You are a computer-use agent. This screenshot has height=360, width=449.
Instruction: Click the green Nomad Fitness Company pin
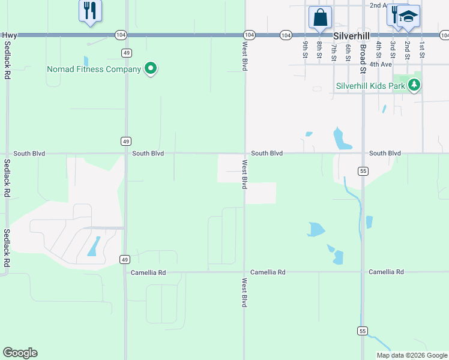[x=151, y=69]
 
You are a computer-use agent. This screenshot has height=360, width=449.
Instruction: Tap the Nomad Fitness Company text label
[x=94, y=69]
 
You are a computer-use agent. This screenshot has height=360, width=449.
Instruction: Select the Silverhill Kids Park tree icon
[x=414, y=85]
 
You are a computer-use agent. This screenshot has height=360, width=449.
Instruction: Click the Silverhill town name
[x=349, y=36]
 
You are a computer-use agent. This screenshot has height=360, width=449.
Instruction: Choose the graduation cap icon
[x=408, y=16]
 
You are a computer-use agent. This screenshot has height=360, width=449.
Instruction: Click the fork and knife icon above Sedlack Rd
[x=90, y=10]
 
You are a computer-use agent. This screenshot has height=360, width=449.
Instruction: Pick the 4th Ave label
[x=381, y=64]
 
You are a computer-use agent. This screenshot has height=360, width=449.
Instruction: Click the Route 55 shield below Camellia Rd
[x=362, y=331]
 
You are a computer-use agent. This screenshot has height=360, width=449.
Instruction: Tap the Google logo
[x=20, y=353]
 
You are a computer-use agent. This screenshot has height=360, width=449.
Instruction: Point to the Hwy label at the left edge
[x=10, y=35]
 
